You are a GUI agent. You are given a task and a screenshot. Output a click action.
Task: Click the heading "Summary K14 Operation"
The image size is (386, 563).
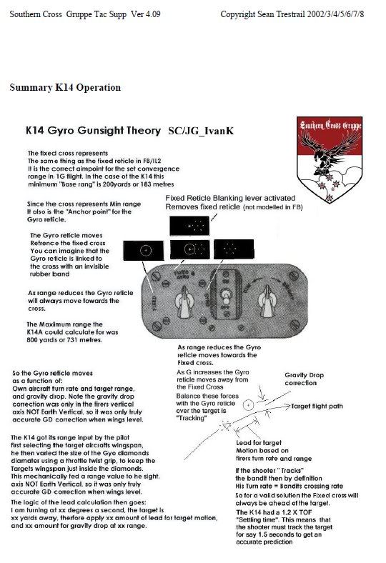click(x=65, y=88)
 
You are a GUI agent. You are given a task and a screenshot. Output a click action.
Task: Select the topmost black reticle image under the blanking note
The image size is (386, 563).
click(x=189, y=226)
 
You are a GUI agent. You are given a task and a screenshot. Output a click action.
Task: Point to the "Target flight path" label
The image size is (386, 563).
click(x=325, y=406)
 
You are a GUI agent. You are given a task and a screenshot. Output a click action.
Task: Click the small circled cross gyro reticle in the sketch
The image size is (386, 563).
click(x=247, y=404)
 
